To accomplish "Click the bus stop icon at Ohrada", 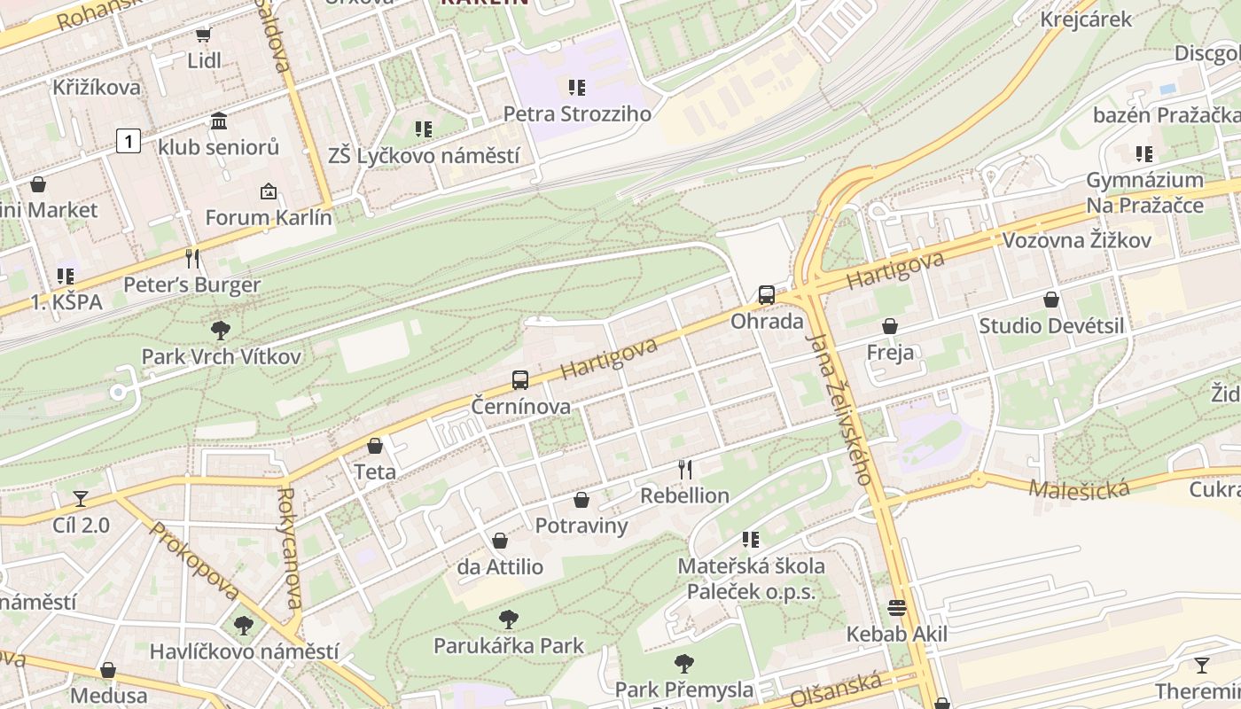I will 767,294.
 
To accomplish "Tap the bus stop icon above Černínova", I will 520,380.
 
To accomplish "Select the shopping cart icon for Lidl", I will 204,35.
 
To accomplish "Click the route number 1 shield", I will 129,140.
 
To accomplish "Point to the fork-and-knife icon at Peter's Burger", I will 192,258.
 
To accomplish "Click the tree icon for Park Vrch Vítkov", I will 221,331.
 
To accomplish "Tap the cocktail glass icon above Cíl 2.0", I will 81,498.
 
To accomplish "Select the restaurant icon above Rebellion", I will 684,469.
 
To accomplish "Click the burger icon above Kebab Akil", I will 897,608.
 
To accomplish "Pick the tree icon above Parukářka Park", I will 509,619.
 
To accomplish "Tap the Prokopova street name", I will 194,561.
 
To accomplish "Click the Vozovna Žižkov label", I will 1076,240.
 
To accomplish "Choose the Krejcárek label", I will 1086,19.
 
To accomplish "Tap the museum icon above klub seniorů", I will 219,121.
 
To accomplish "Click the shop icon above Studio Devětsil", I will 1051,300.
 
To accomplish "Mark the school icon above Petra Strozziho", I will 577,87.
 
